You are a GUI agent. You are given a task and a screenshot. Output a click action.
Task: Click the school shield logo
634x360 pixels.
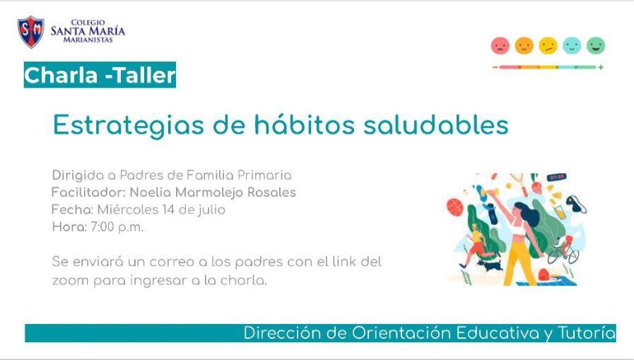[30, 32]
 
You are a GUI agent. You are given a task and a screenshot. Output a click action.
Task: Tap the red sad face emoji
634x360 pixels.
[500, 46]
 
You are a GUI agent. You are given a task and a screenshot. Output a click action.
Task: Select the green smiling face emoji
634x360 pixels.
[596, 46]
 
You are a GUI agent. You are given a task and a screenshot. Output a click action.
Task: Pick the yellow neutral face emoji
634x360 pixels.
[548, 46]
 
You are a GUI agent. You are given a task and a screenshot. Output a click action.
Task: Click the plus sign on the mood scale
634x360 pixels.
[601, 67]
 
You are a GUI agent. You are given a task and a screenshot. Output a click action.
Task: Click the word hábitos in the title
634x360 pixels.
[304, 124]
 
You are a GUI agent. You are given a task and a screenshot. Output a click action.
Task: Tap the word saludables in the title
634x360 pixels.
[436, 124]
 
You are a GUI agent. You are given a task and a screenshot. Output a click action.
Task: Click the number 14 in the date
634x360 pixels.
[168, 209]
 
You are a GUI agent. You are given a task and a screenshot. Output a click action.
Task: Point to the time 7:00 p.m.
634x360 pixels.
[117, 227]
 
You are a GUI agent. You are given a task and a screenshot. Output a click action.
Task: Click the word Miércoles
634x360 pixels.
[127, 209]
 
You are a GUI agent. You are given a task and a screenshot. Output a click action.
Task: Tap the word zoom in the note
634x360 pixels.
[71, 280]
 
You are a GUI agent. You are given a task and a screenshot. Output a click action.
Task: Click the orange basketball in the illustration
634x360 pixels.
[455, 207]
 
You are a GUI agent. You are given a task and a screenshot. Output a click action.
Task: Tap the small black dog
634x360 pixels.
[490, 265]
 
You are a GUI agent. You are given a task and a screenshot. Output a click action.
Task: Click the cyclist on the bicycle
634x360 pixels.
[563, 249]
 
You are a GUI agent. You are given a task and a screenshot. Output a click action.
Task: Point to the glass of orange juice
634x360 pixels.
[560, 212]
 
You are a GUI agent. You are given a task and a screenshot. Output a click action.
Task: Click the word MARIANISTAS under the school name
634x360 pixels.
[88, 40]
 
